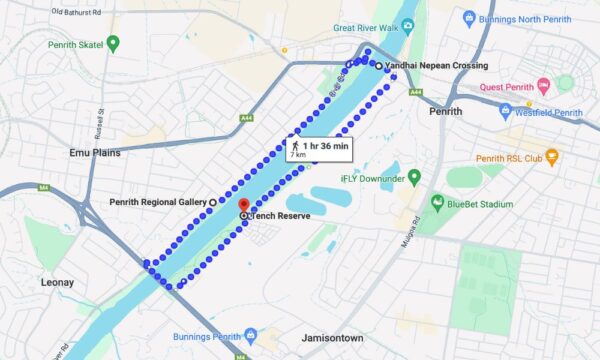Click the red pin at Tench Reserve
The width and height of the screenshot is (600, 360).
tap(243, 205)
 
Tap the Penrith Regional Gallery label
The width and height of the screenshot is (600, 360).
tap(157, 202)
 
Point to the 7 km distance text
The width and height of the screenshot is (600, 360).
tap(299, 156)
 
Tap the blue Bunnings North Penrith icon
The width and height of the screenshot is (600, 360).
tap(469, 18)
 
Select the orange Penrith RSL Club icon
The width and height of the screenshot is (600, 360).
tap(550, 158)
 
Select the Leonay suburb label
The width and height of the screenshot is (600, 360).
tap(57, 283)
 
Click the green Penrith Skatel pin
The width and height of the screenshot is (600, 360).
tap(113, 43)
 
